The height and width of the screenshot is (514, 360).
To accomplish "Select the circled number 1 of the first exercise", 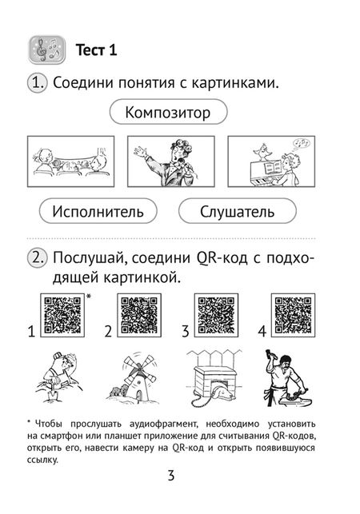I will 37,82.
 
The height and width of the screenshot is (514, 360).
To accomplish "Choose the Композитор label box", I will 168,113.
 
